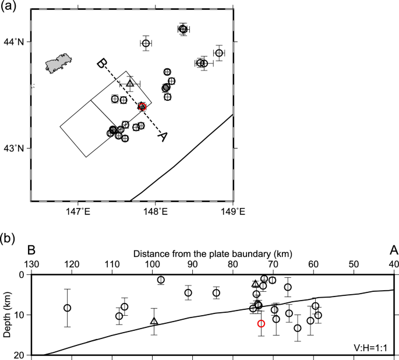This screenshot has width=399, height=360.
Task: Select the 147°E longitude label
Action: pyautogui.click(x=77, y=212)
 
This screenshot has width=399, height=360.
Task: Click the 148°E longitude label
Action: pyautogui.click(x=155, y=212)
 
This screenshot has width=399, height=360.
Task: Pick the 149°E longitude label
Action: pyautogui.click(x=232, y=212)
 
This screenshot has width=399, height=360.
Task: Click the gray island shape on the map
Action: pyautogui.click(x=59, y=63)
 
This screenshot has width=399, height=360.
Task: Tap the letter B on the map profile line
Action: pyautogui.click(x=101, y=63)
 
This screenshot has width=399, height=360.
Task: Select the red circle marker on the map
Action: pyautogui.click(x=142, y=106)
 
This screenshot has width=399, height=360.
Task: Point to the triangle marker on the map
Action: pyautogui.click(x=130, y=83)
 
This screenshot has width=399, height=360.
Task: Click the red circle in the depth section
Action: pyautogui.click(x=261, y=323)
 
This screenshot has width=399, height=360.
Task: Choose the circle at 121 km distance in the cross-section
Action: pyautogui.click(x=68, y=308)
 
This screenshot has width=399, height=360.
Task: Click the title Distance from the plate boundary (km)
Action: pyautogui.click(x=212, y=254)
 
